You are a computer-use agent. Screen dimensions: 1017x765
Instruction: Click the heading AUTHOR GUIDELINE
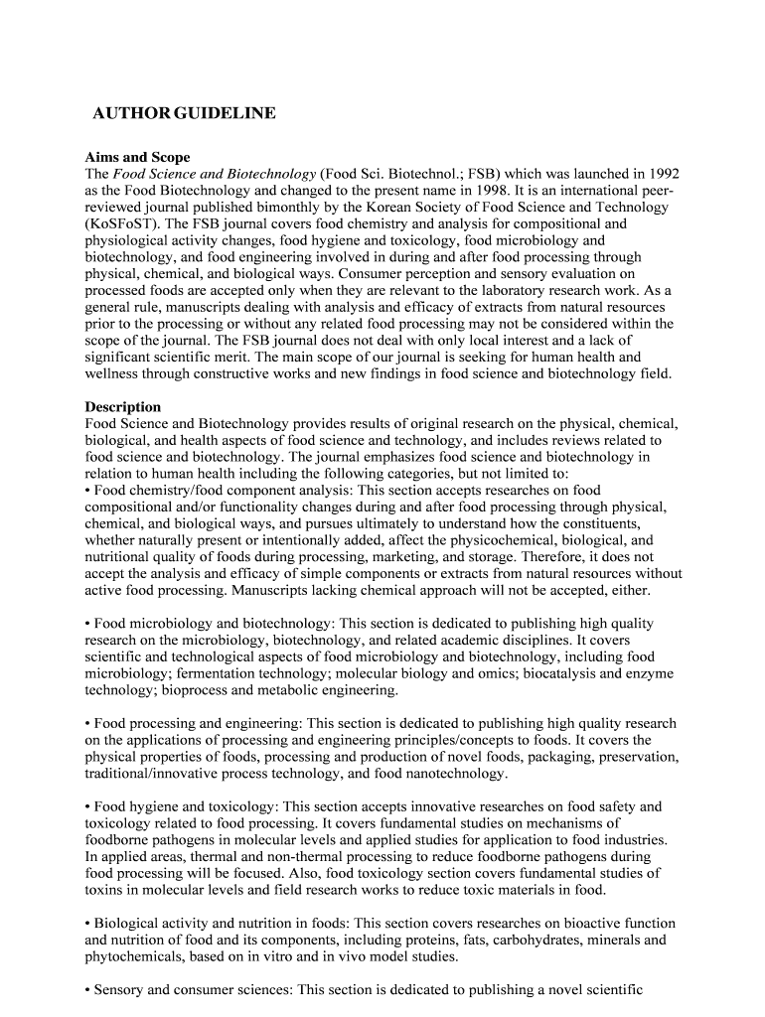(184, 114)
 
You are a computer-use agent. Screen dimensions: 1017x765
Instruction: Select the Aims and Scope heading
(137, 157)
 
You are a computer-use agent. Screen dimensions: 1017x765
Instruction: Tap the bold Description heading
(123, 406)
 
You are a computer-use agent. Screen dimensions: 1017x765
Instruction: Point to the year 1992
(661, 173)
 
